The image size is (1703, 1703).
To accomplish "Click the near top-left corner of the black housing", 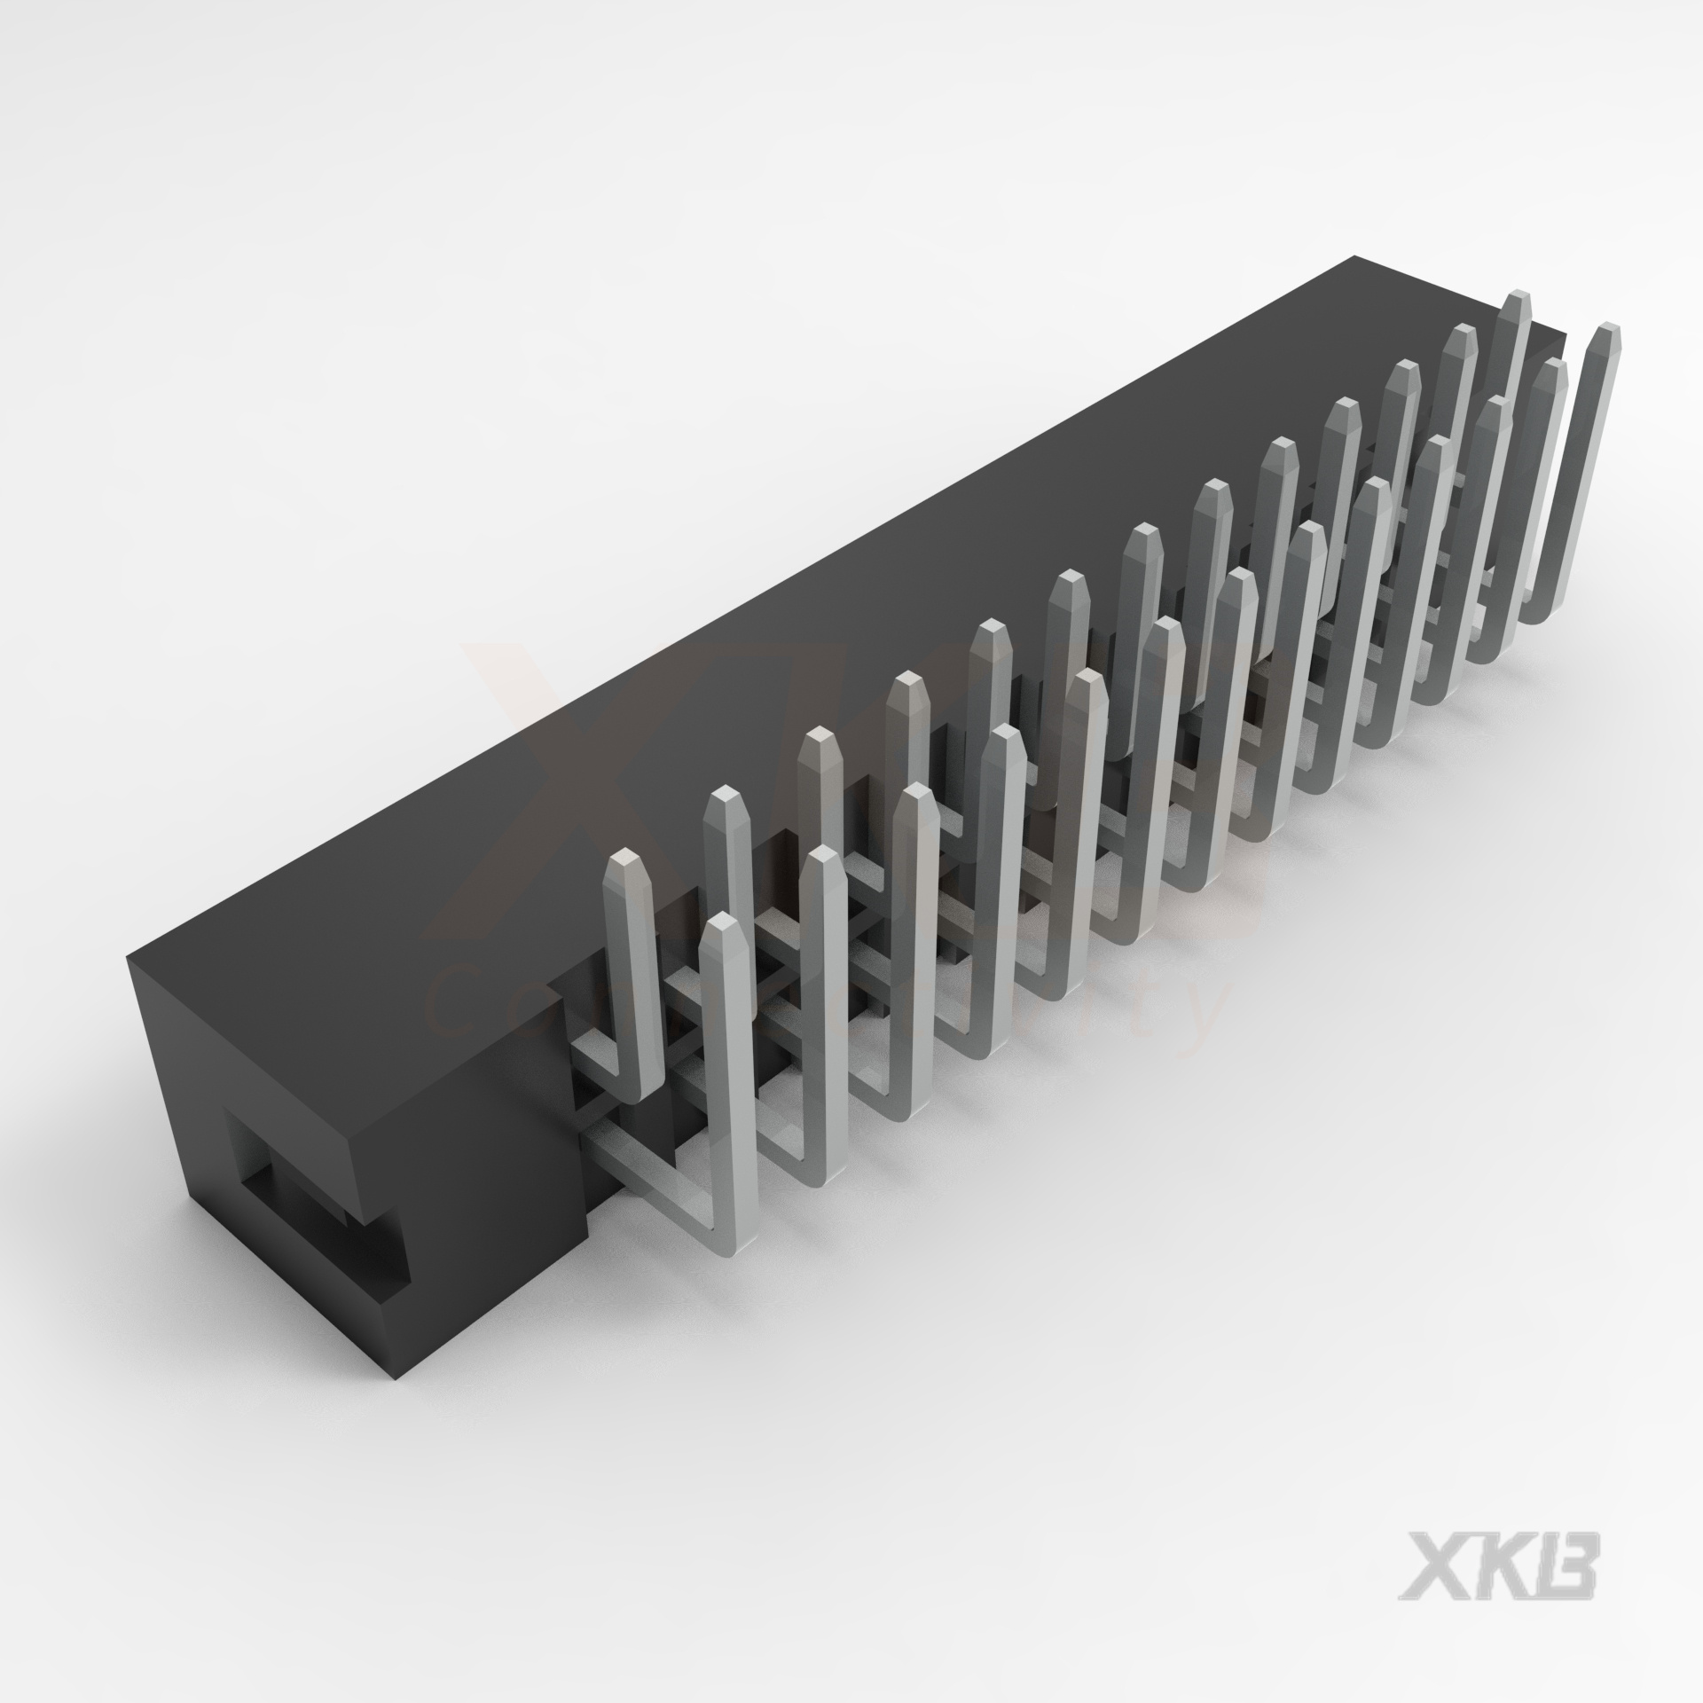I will pyautogui.click(x=129, y=954).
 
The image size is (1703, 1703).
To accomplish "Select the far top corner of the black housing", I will pyautogui.click(x=1352, y=258).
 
